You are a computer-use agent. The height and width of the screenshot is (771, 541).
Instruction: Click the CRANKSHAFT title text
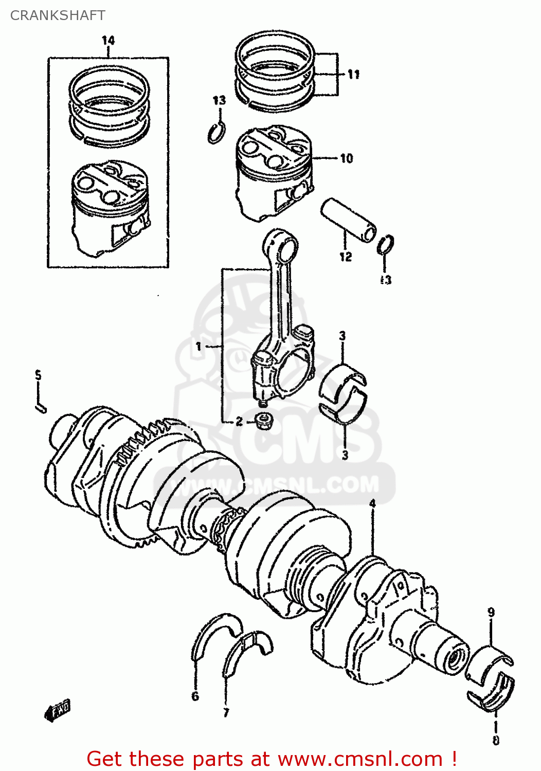(x=58, y=15)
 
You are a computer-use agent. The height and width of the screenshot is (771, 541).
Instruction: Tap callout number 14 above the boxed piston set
(x=108, y=40)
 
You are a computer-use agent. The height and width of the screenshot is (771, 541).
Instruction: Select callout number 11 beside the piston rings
(x=353, y=75)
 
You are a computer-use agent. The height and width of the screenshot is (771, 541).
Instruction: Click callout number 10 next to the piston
(x=347, y=158)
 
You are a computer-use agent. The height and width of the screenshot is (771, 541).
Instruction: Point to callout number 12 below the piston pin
(x=345, y=256)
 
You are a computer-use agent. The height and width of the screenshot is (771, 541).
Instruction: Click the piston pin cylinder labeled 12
(x=350, y=219)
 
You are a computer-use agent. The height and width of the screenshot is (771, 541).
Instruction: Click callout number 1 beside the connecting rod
(x=199, y=347)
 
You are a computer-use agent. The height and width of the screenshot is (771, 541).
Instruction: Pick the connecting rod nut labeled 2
(x=264, y=420)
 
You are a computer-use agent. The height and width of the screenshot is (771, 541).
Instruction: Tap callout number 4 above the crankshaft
(x=372, y=503)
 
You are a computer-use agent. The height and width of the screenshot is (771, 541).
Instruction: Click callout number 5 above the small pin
(x=38, y=375)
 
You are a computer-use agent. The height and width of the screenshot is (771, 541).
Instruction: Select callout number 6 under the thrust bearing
(x=195, y=696)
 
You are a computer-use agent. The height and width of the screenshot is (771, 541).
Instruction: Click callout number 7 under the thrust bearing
(x=226, y=712)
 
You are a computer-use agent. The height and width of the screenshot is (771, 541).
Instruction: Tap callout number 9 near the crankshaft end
(x=491, y=612)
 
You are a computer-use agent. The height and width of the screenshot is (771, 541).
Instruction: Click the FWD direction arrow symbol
(x=57, y=710)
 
